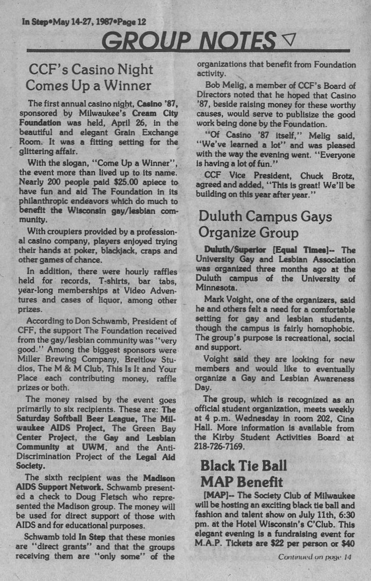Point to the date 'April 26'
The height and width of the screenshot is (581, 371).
[116, 124]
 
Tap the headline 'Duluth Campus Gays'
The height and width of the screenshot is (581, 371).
[265, 216]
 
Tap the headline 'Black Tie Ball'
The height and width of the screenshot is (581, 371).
[243, 466]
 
